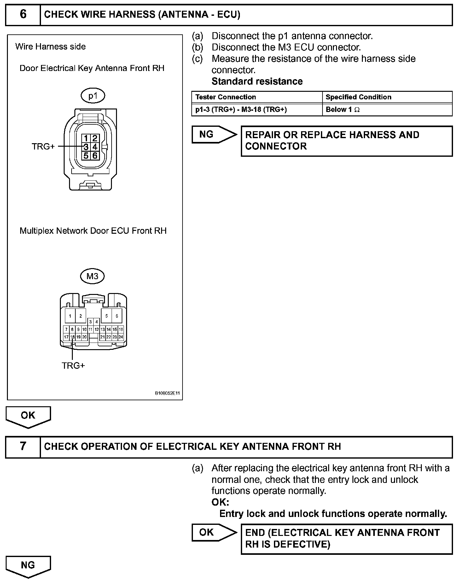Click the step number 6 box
tap(23, 15)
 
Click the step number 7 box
tap(23, 446)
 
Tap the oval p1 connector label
tap(93, 96)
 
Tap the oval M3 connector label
tap(92, 276)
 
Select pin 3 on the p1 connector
tap(86, 147)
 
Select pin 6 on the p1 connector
tap(95, 156)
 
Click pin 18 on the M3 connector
tap(72, 337)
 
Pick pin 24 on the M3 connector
tap(121, 337)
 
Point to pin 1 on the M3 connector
tap(70, 316)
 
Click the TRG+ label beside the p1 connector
tap(43, 147)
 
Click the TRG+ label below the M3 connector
tap(73, 366)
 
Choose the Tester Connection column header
tap(225, 97)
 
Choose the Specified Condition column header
tap(358, 97)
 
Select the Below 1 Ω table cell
tap(342, 110)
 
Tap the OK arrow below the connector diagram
tap(28, 416)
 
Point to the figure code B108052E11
tap(167, 393)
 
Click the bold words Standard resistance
tap(257, 81)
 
